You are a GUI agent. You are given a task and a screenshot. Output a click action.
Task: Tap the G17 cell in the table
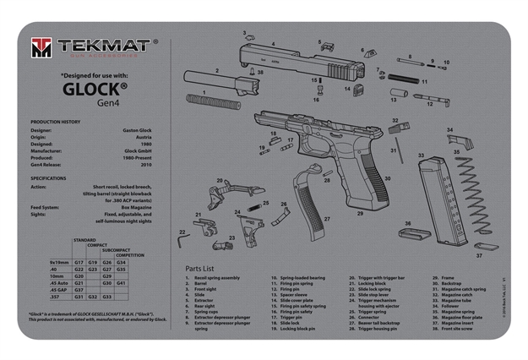(79, 262)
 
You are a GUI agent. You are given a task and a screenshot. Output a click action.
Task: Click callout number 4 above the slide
(272, 43)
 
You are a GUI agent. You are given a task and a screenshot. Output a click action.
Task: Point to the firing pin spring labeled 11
(402, 83)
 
